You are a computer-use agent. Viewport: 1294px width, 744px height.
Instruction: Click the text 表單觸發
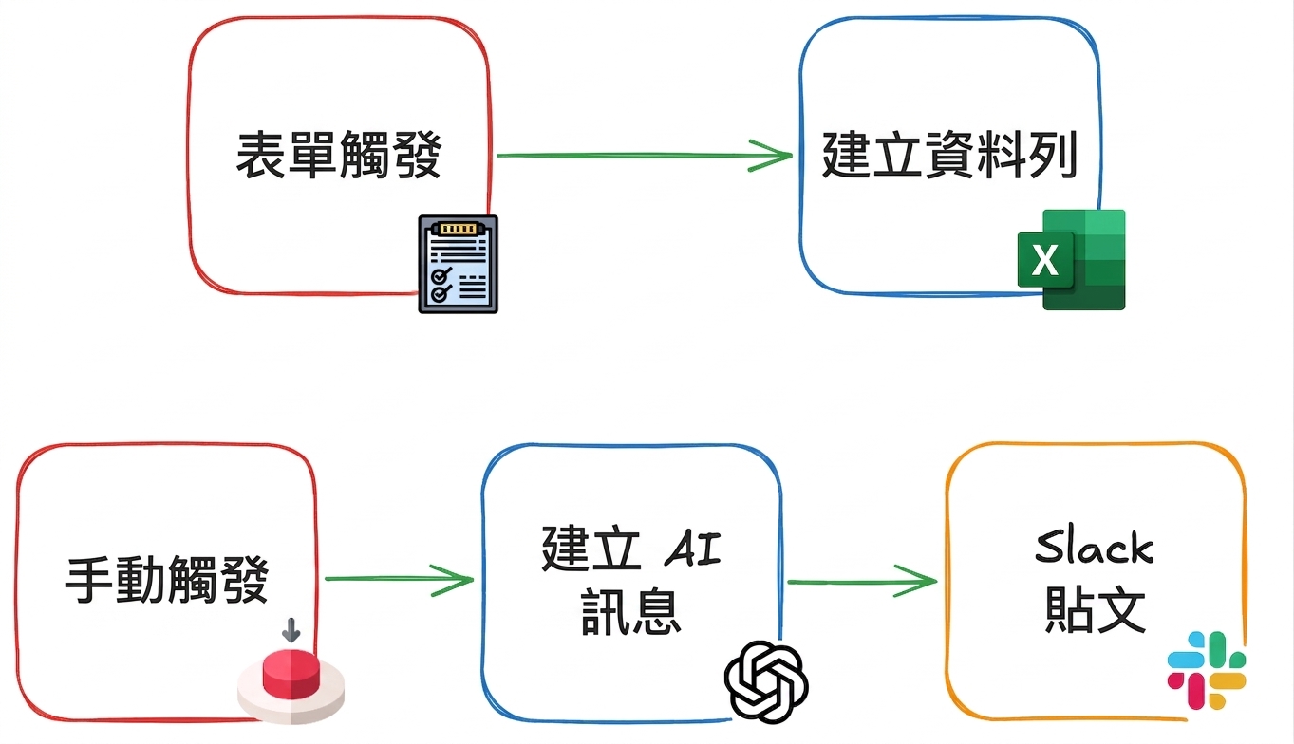tap(339, 155)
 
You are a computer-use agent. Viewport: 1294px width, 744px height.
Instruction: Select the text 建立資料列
tap(949, 155)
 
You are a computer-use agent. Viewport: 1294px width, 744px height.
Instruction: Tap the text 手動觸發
tap(166, 580)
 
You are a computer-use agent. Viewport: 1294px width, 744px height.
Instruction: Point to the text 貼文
tap(1096, 610)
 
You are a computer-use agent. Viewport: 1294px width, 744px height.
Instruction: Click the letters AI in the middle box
tap(693, 549)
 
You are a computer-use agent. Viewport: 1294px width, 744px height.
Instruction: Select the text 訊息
tap(630, 611)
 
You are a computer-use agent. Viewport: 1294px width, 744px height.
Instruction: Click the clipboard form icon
tap(459, 264)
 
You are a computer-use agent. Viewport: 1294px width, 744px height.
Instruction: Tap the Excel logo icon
tap(1072, 259)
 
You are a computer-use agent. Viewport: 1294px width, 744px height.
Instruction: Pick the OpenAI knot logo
tap(766, 682)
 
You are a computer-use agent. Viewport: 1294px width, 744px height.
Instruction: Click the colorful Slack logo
tap(1207, 670)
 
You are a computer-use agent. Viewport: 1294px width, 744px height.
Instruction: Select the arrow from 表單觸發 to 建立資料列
tap(644, 156)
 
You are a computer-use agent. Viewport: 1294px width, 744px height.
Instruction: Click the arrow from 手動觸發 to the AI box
tap(399, 580)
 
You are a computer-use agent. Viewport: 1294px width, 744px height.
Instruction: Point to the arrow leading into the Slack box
tap(862, 581)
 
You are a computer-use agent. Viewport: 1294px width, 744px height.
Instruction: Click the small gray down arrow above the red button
tap(291, 630)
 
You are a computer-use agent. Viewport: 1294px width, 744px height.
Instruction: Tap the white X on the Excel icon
tap(1045, 260)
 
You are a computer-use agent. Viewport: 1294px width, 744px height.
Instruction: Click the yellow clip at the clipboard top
tap(459, 229)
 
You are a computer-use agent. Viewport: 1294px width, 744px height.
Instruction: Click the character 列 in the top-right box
tap(1054, 155)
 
